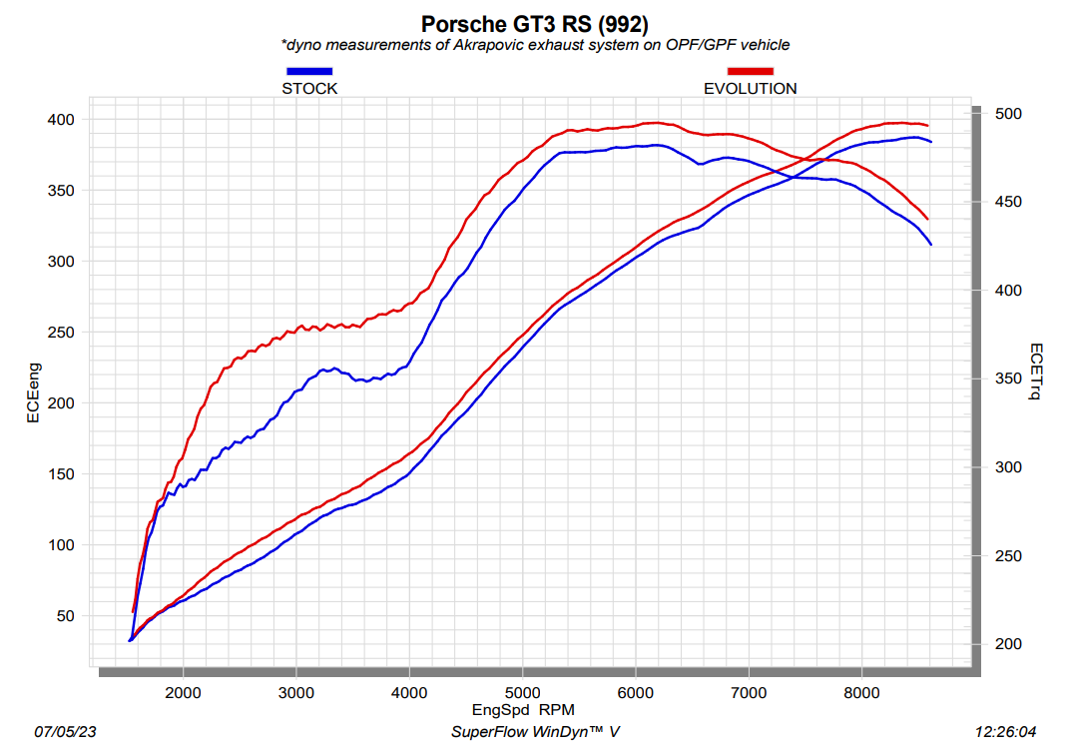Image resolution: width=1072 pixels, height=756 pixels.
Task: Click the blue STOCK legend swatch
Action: point(309,71)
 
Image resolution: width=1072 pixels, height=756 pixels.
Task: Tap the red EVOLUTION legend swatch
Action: point(751,71)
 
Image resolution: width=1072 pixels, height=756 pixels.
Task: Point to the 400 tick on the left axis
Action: point(62,120)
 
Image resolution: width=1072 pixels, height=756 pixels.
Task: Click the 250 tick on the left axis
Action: point(62,333)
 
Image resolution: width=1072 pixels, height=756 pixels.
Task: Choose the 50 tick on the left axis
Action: point(66,616)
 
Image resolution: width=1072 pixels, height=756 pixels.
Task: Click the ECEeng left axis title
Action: point(33,391)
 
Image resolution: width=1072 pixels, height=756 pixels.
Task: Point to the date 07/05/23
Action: point(66,732)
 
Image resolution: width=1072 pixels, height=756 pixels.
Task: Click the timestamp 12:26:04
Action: point(1005,732)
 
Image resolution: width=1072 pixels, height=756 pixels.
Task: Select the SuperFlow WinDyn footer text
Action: point(535,732)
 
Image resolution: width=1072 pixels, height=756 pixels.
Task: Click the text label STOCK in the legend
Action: point(309,88)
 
